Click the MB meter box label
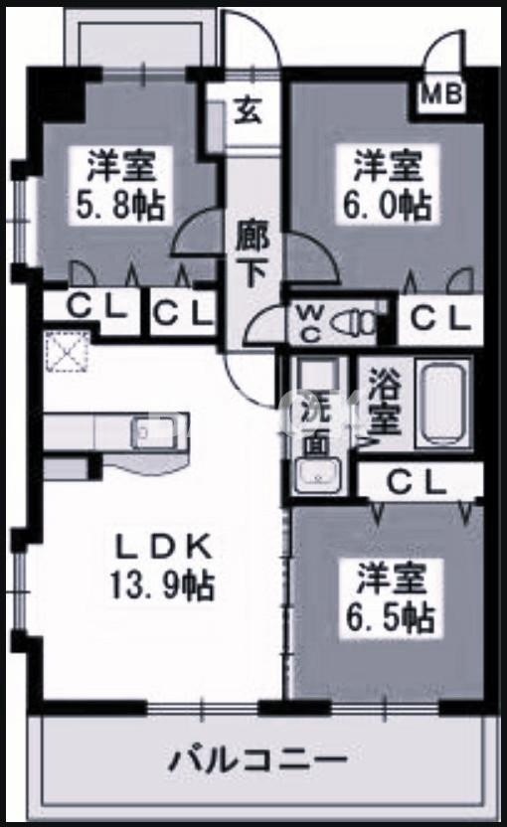(x=442, y=95)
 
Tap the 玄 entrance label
(x=247, y=109)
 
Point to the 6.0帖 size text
(x=386, y=206)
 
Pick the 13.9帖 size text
(x=164, y=586)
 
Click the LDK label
(x=164, y=547)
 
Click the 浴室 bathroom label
(x=383, y=403)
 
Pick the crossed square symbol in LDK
(x=67, y=350)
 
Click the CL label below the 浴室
(x=417, y=482)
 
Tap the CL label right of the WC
(x=437, y=319)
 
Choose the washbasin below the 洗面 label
(x=318, y=477)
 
